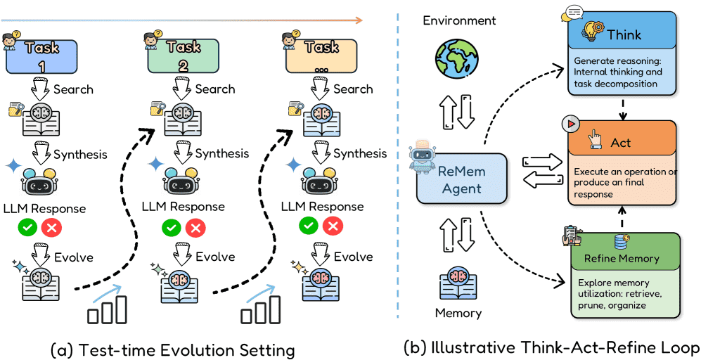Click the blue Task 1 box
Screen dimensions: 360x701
tap(41, 56)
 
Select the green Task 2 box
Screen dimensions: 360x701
tap(181, 56)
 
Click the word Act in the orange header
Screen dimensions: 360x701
tap(621, 142)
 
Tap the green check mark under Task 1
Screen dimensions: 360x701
tap(27, 228)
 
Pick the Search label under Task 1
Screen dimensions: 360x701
tap(74, 89)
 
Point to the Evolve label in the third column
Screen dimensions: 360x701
tap(353, 257)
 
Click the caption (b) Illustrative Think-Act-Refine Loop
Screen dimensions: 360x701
tap(552, 347)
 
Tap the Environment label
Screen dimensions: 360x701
tap(459, 20)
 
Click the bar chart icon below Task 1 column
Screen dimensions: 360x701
tap(106, 309)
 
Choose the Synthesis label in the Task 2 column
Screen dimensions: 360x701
tap(221, 153)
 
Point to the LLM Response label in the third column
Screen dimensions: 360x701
tap(322, 207)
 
